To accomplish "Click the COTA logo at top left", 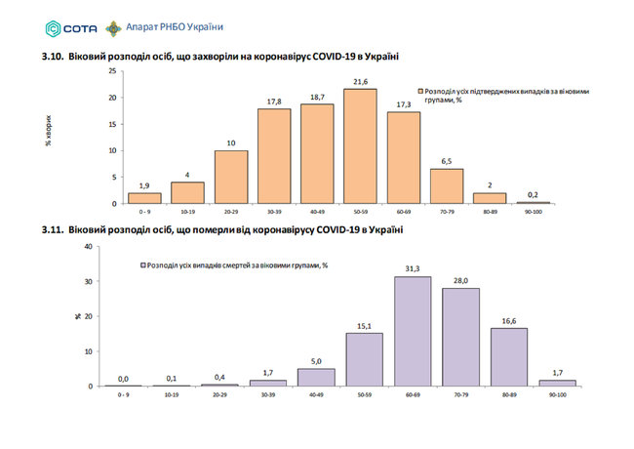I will click(x=60, y=27).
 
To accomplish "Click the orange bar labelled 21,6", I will click(x=359, y=146).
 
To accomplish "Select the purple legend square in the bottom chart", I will click(x=142, y=265).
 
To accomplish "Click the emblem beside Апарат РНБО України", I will click(x=115, y=27).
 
